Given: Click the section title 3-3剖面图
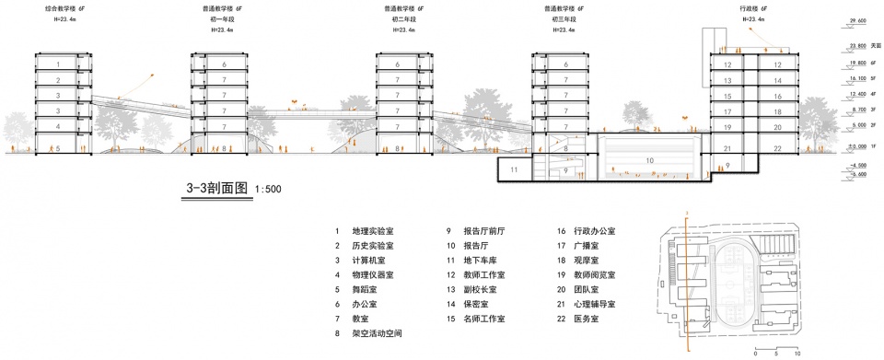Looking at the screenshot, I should coord(217,190).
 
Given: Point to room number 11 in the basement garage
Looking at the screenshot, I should coord(515,168).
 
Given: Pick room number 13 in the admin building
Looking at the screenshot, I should coord(727,80).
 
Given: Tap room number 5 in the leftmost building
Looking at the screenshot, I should coord(57,147).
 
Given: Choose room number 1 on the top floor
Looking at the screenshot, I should coord(57,64).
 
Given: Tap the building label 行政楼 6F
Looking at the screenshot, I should coord(752,7).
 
